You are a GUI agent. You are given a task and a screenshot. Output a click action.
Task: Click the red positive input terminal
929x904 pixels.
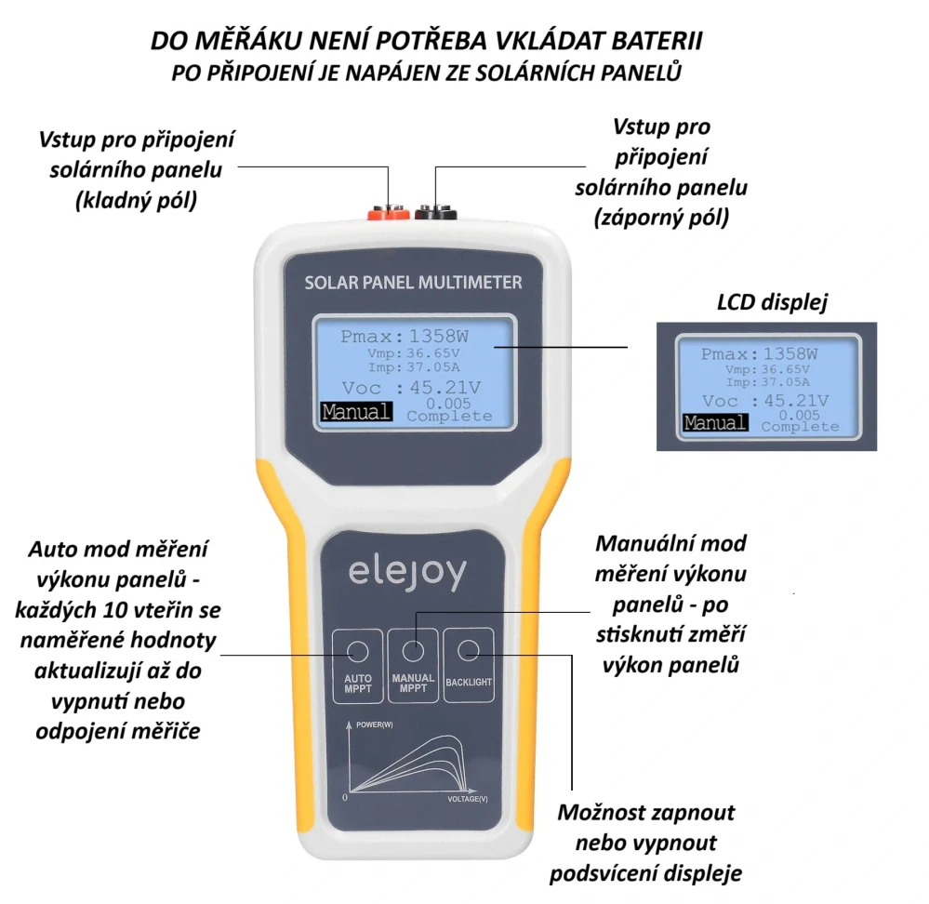[384, 215]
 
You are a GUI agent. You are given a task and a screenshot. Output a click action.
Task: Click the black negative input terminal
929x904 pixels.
[434, 214]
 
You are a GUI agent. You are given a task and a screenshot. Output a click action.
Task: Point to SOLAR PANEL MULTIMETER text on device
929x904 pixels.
[413, 282]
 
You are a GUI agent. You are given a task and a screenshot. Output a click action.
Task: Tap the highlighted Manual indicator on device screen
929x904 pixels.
[355, 412]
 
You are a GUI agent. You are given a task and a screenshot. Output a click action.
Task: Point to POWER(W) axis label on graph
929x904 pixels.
[375, 723]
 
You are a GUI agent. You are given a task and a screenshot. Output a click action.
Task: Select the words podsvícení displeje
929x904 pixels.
[646, 873]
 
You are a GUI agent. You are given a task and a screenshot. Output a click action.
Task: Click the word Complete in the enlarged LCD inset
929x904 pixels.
[800, 427]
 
